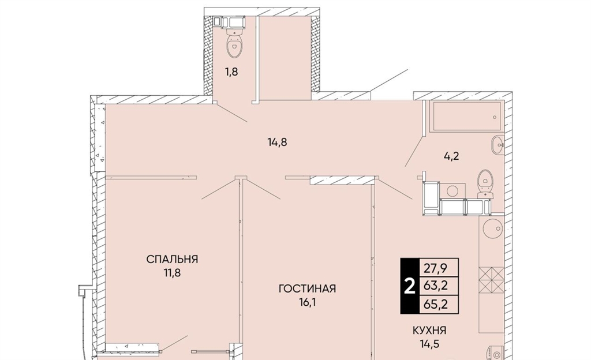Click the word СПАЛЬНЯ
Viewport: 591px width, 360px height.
172,259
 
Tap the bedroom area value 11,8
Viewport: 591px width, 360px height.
172,273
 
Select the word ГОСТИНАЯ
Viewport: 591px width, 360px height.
307,289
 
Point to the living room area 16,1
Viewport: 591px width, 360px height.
307,302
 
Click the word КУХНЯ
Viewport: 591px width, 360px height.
429,331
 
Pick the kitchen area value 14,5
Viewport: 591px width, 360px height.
429,344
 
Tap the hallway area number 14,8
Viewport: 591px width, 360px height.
278,142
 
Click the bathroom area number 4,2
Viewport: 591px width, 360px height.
451,156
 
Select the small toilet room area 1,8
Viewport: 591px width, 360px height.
231,72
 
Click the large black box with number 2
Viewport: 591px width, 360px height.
410,286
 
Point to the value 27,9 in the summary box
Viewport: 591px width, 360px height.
436,268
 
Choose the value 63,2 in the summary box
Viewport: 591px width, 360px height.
436,286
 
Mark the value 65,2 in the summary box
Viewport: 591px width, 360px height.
436,304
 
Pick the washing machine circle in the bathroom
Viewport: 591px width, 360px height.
452,191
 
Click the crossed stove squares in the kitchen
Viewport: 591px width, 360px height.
492,280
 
